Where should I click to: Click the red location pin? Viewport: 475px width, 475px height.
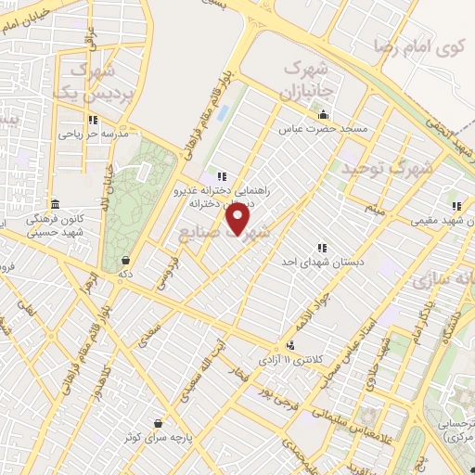coord(238,219)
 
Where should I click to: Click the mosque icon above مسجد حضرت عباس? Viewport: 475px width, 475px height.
coord(323,114)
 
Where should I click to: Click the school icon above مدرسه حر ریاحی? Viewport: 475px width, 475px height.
coord(93,120)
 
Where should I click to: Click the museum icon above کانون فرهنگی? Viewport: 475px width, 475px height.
coord(55,204)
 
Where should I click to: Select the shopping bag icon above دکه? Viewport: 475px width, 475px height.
coord(123,261)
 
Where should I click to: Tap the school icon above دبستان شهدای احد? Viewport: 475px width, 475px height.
coord(322,248)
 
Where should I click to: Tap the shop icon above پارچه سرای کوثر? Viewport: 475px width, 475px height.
coord(159,421)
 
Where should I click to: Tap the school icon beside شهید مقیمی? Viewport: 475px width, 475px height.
coord(456,206)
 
